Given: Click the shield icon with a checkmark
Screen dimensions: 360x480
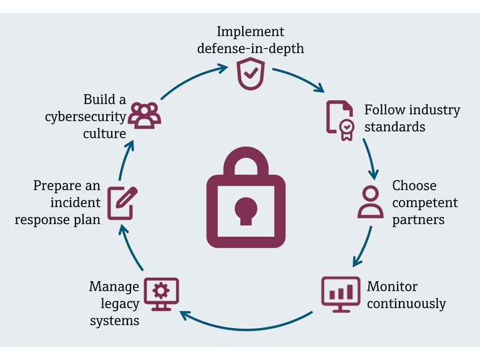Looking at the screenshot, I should click(x=250, y=74).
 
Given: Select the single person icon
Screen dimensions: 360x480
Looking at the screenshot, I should click(x=370, y=201).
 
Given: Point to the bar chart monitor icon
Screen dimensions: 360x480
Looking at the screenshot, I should click(x=340, y=293).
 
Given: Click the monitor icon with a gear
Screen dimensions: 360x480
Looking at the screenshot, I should click(x=161, y=293).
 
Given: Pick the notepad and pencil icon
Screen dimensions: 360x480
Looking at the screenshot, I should click(x=122, y=202).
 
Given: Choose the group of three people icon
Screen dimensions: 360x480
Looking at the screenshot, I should click(x=145, y=115).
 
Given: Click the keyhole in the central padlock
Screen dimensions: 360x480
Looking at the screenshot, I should click(x=245, y=209).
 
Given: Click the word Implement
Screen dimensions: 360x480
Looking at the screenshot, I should click(x=250, y=31).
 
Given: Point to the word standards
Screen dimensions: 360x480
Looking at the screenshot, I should click(x=394, y=127).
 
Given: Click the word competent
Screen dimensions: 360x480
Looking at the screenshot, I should click(x=424, y=203).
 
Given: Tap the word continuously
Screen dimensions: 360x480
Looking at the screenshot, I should click(x=406, y=304).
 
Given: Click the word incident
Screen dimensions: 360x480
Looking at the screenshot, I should click(x=76, y=203).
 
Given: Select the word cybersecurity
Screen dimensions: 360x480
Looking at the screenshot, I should click(x=85, y=117).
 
